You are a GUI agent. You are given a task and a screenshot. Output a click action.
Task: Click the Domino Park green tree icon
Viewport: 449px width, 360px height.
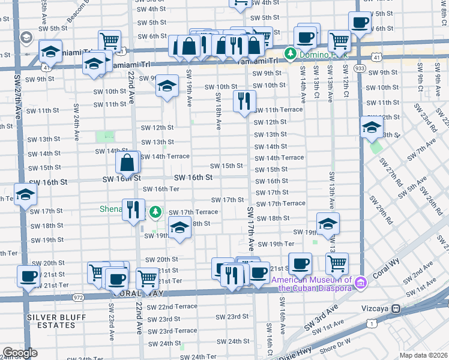[291, 55]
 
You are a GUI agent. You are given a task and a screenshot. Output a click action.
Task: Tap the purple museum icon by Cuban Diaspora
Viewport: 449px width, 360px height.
[360, 282]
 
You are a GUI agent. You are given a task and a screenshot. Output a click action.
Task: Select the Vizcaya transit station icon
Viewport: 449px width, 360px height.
[396, 308]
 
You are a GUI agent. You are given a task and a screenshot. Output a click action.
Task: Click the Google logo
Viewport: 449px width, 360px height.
[20, 353]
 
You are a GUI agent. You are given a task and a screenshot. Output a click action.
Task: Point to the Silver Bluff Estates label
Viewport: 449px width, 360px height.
[50, 320]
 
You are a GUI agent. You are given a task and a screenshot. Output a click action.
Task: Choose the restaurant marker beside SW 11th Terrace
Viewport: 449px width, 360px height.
[244, 101]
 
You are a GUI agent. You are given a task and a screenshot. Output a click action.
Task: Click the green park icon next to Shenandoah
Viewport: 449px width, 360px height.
[156, 212]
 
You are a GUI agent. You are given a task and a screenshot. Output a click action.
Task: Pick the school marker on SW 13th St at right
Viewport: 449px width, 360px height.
[372, 127]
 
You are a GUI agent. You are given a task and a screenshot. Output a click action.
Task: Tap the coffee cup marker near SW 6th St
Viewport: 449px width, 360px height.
[360, 23]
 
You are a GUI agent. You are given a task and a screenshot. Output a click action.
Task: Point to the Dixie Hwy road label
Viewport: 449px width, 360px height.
[309, 346]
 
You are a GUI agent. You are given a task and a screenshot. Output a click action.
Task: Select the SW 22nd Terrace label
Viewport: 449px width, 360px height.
[172, 307]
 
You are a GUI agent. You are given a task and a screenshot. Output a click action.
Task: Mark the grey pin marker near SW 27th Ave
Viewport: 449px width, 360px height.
[26, 39]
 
